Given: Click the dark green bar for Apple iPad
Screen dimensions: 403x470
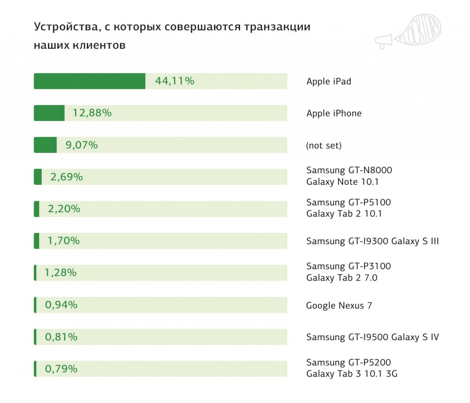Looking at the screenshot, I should [90, 81].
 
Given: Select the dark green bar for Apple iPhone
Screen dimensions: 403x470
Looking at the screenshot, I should [49, 113].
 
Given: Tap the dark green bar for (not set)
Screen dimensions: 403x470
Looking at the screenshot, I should [45, 145].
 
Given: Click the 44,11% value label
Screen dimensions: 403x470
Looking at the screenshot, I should [175, 81].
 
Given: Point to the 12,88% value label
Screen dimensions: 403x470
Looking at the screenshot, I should [92, 113].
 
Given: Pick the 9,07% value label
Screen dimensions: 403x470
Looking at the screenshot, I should [82, 145].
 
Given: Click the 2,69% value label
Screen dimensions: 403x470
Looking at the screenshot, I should [67, 177].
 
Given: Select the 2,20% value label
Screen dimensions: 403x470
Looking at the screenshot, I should [64, 209].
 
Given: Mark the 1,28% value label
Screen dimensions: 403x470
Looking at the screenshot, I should [61, 273].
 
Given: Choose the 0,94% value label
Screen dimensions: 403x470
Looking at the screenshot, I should [61, 305].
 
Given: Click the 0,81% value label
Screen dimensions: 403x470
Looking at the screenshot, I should [61, 337].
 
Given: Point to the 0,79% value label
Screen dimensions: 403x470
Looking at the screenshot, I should [61, 369].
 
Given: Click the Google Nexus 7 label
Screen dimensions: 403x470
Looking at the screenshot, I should [339, 305].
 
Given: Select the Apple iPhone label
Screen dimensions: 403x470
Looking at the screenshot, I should [334, 113].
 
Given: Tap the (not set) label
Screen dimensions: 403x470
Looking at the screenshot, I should [324, 146].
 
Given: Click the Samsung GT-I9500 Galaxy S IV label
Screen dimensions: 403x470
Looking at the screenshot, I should [372, 337].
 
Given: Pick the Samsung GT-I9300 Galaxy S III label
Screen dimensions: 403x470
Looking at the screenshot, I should [372, 241].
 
